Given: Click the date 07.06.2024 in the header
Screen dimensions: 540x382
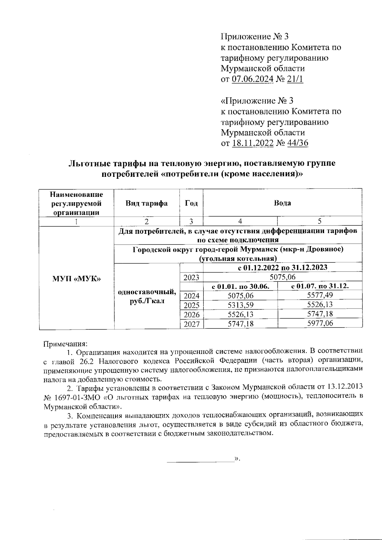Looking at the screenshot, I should [x=252, y=79].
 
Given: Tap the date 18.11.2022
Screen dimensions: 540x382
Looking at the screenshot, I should [x=253, y=143].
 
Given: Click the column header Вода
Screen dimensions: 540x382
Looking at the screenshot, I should [x=282, y=203].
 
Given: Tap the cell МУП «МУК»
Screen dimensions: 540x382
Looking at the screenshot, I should [x=76, y=279].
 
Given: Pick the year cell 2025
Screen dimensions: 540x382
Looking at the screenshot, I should [x=191, y=305].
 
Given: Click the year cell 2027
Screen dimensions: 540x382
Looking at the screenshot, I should [x=191, y=324].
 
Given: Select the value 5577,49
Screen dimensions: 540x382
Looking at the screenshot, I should [x=320, y=295].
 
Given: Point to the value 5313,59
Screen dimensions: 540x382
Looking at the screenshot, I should [x=240, y=305].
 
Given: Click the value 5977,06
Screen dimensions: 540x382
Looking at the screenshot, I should [x=320, y=323].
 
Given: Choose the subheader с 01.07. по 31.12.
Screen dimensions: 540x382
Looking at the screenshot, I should [x=320, y=286].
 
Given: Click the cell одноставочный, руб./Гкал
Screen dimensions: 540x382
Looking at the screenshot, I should [x=147, y=296].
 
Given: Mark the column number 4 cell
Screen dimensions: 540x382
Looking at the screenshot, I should [x=240, y=221].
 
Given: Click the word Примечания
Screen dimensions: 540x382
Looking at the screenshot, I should [x=65, y=344].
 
